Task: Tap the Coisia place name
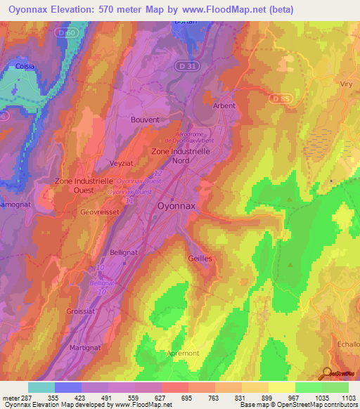coord(22,67)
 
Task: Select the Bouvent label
coord(145,119)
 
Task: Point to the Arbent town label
coord(224,106)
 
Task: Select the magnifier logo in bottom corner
coord(327,373)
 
